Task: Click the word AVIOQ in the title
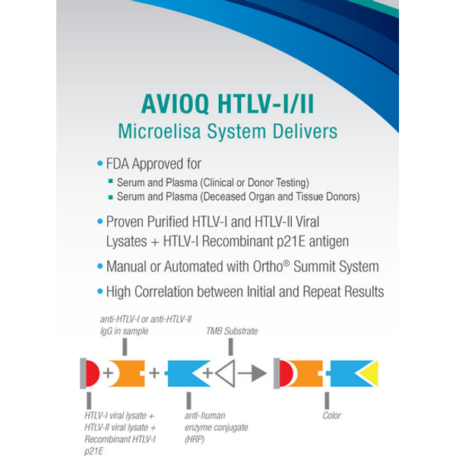175,104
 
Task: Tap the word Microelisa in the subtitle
159,131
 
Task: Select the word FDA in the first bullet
117,163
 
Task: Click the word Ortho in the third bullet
268,267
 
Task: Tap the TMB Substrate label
232,331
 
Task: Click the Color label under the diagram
331,416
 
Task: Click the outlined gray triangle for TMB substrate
226,374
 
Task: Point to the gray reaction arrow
252,373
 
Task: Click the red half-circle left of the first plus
93,374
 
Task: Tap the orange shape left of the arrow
306,374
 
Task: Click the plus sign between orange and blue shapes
154,373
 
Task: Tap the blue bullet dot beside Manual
100,266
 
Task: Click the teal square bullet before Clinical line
110,182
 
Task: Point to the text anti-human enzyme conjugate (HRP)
217,427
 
